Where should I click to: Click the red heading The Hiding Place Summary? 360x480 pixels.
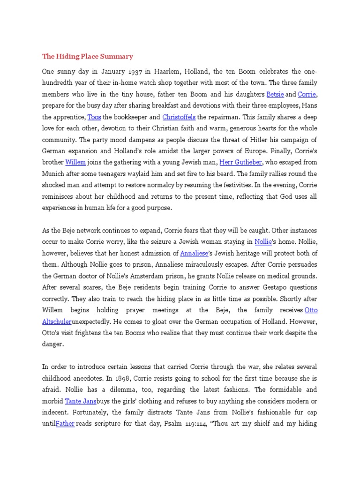(88, 57)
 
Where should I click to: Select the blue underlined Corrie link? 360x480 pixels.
(307, 94)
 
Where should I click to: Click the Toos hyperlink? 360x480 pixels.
(94, 117)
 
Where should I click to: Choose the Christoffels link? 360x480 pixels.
(179, 117)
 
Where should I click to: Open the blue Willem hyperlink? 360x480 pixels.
(76, 162)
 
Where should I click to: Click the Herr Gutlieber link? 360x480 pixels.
(241, 162)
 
